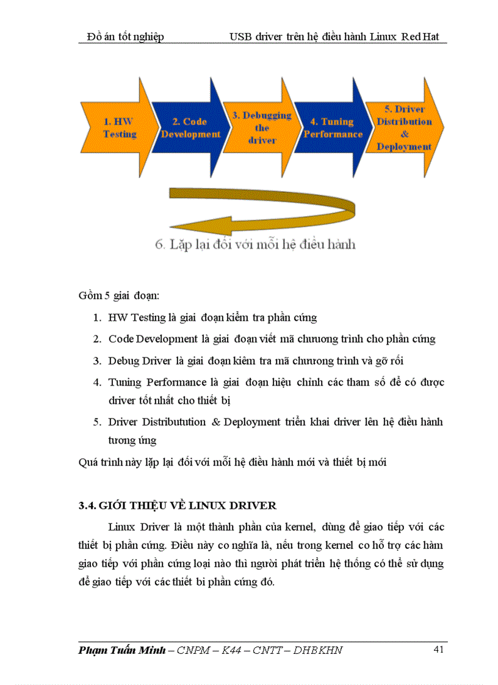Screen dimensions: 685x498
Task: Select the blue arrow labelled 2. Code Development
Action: pyautogui.click(x=190, y=128)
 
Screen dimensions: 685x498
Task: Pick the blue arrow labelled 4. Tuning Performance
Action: pyautogui.click(x=333, y=128)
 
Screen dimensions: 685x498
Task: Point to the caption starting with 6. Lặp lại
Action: pyautogui.click(x=254, y=245)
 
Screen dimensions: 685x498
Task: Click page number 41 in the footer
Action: pyautogui.click(x=438, y=650)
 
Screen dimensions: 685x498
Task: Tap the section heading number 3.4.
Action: pyautogui.click(x=87, y=506)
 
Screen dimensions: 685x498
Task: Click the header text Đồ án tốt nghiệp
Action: pyautogui.click(x=125, y=37)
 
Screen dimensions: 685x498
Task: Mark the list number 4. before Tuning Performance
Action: pyautogui.click(x=97, y=382)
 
